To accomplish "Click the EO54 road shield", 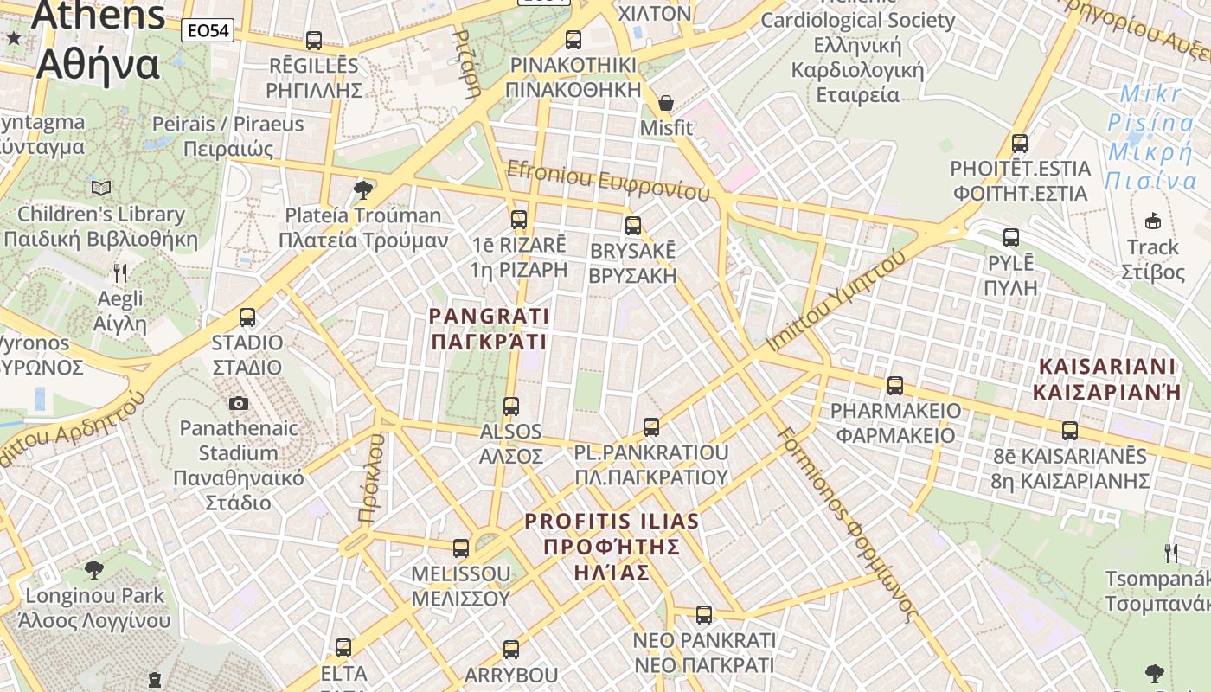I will (208, 31).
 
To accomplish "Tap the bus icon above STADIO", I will (247, 317).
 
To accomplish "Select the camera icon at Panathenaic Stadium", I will (239, 403).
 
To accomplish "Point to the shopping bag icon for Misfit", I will (666, 103).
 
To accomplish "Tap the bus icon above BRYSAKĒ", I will (633, 226).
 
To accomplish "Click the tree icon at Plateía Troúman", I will (363, 189).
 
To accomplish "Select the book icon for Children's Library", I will (101, 188).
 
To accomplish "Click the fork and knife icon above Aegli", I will (120, 273).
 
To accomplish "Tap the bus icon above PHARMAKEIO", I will (895, 385).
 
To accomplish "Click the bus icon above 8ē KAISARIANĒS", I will (1070, 431).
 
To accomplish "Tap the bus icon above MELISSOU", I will (461, 548).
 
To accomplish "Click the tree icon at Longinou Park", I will (94, 570).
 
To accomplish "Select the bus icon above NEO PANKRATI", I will (704, 615).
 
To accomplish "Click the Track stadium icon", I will (1152, 221).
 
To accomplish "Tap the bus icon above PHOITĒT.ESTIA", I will (1020, 144).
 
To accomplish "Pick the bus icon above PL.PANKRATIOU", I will (651, 427).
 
